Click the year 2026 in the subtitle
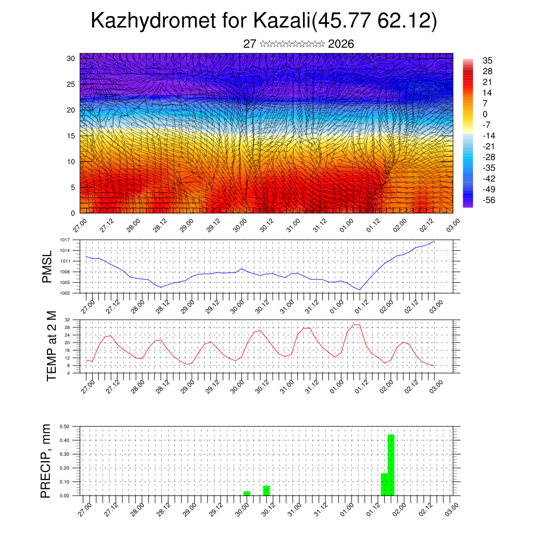(341, 44)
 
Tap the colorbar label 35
(488, 60)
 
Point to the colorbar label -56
(490, 200)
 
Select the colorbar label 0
(485, 114)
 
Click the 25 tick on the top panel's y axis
(70, 84)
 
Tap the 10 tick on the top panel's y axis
(70, 162)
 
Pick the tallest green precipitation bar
(391, 465)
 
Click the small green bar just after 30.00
(247, 493)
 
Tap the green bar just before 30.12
(266, 490)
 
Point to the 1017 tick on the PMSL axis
(65, 240)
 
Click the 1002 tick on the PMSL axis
(65, 293)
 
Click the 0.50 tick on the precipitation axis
(65, 426)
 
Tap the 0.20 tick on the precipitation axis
(65, 468)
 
